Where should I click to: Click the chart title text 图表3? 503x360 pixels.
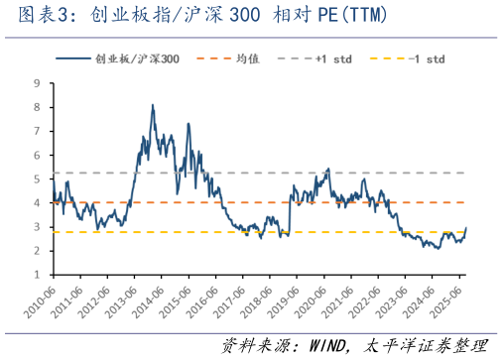[x=38, y=16]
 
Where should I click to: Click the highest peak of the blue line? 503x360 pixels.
[x=152, y=105]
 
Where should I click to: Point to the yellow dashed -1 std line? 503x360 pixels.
[x=198, y=232]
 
